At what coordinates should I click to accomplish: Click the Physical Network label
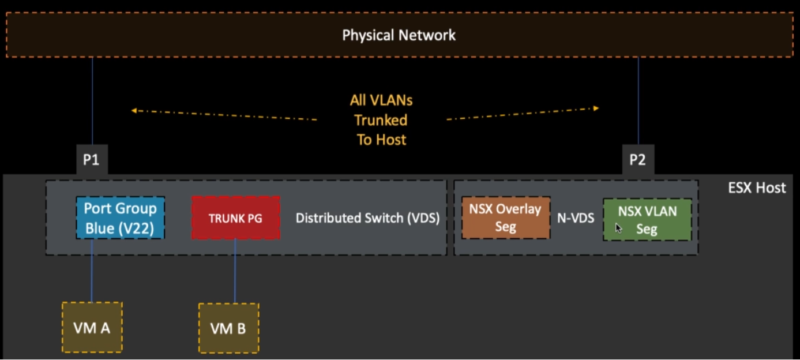tap(399, 35)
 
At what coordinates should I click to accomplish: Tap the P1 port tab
tap(91, 160)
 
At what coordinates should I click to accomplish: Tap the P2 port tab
tap(637, 160)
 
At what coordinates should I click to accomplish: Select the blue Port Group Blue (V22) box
tap(121, 217)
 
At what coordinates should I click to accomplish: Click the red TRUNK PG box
tap(235, 218)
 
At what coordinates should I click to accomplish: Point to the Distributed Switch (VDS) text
tap(367, 218)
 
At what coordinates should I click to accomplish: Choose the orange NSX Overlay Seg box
tap(505, 217)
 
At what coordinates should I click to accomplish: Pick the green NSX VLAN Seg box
tap(647, 220)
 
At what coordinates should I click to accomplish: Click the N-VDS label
tap(575, 218)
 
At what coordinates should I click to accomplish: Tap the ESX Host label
tap(756, 187)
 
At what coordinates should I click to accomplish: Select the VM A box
tap(92, 327)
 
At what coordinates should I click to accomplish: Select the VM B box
tap(228, 328)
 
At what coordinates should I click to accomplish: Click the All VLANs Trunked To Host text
tap(381, 120)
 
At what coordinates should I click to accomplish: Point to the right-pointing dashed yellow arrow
tap(523, 114)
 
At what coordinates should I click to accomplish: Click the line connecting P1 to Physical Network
tap(92, 101)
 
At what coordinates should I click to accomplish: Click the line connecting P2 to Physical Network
tap(638, 101)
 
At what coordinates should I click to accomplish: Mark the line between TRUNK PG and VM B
tap(235, 271)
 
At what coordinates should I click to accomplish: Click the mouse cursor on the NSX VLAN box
tap(619, 228)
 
